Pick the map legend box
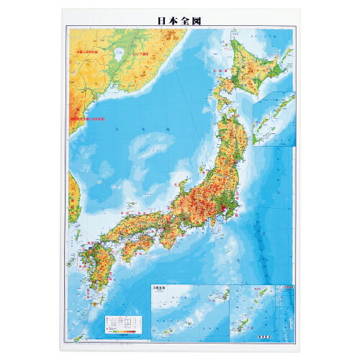coord(119,322)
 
